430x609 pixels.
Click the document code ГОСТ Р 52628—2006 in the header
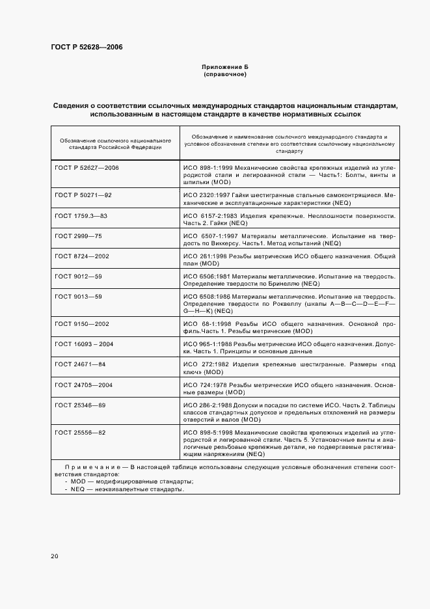click(x=86, y=47)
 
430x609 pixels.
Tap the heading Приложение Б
click(x=225, y=67)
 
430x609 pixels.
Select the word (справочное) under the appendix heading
click(x=225, y=74)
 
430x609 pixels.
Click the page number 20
click(x=55, y=556)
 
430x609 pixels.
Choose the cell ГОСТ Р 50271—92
click(x=83, y=195)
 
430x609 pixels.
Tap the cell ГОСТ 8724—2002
click(x=82, y=256)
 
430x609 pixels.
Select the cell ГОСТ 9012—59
click(x=78, y=277)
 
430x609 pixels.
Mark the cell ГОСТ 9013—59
click(x=78, y=297)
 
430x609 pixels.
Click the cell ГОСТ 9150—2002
click(x=82, y=323)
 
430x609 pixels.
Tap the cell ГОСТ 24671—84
click(x=80, y=364)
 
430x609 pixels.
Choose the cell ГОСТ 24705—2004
click(x=84, y=385)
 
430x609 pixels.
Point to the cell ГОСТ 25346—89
click(x=80, y=405)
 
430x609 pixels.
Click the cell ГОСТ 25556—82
click(x=80, y=432)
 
